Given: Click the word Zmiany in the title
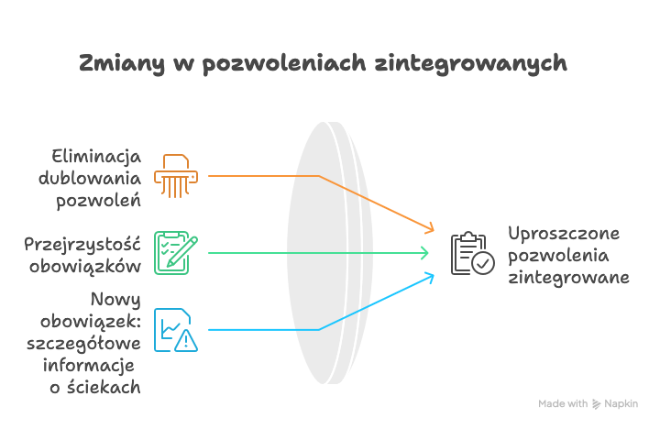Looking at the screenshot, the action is [x=122, y=64].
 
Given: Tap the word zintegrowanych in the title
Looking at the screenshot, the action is [x=470, y=64].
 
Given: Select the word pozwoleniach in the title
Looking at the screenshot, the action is [x=284, y=64].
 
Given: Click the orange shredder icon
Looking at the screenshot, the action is [x=176, y=176].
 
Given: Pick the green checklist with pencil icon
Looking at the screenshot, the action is [x=176, y=253].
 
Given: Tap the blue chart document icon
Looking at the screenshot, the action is [x=176, y=330].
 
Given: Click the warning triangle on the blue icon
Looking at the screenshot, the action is [x=186, y=341].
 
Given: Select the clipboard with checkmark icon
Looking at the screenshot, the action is [x=473, y=253].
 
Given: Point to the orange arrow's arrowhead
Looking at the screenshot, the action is [x=429, y=227].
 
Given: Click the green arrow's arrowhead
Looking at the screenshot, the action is [x=424, y=253].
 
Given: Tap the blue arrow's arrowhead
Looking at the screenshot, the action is [x=429, y=278].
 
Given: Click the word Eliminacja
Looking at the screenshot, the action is [x=96, y=158].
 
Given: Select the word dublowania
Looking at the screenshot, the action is [x=90, y=178].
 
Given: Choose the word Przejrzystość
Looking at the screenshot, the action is [x=82, y=245].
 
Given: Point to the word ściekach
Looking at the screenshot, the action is [x=104, y=387].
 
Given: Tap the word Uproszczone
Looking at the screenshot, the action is [x=564, y=234].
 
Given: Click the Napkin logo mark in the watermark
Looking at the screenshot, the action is [x=596, y=404].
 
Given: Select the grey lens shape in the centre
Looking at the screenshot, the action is [x=330, y=253].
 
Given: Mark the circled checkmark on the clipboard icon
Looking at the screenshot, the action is [x=483, y=264].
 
